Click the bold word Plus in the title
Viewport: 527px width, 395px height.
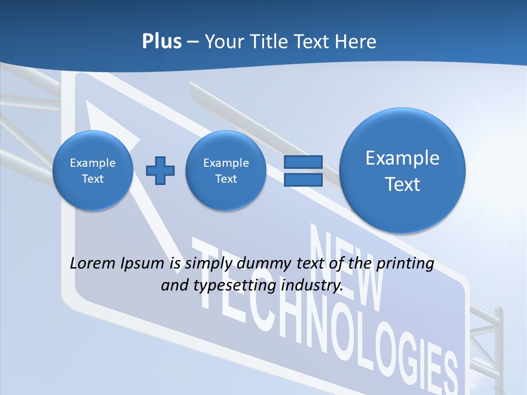tap(161, 42)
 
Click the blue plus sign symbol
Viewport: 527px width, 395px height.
tap(160, 170)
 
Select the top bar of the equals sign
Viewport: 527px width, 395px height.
tap(303, 162)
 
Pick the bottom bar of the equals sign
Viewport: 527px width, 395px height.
tap(303, 179)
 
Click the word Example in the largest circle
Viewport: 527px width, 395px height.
tap(402, 158)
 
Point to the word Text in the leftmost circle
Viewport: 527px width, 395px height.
tap(93, 179)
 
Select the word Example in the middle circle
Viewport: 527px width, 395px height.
tap(226, 163)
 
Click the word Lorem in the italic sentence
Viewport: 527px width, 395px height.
tap(93, 263)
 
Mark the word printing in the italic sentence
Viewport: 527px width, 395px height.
tap(405, 263)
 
